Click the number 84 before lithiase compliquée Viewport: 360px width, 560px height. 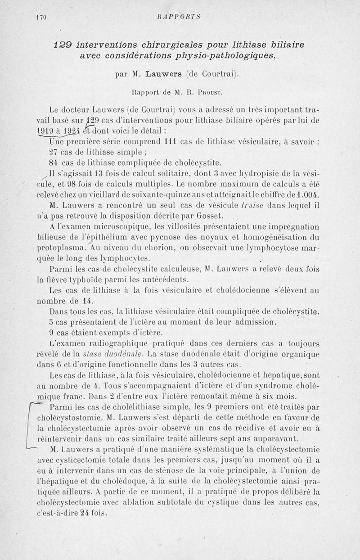tap(54, 163)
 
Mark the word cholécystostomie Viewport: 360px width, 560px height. tap(67, 417)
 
